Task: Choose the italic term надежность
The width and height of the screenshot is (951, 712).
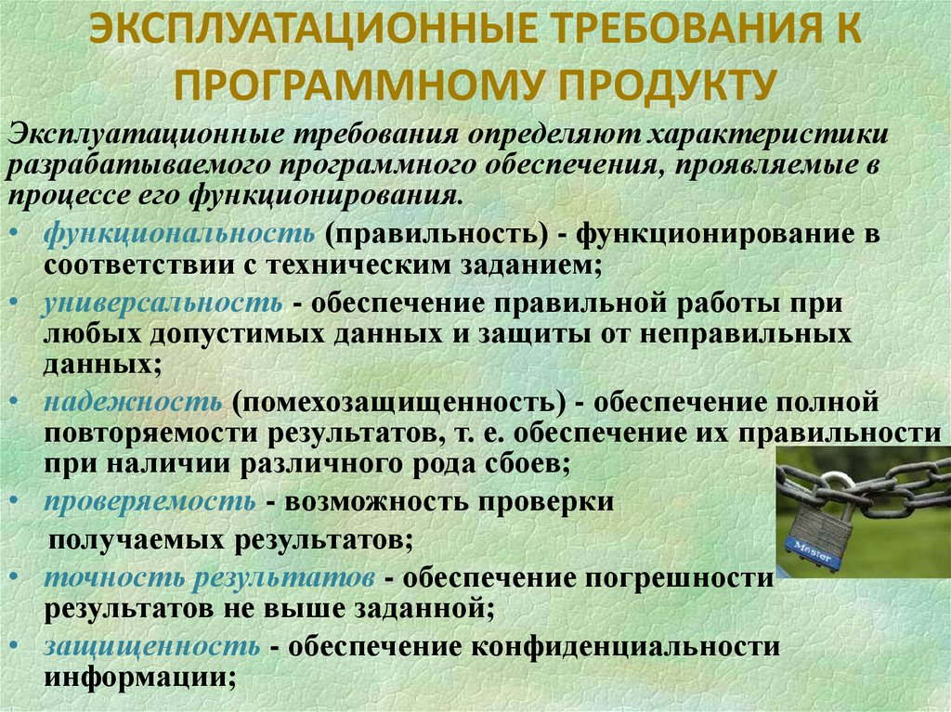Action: click(x=131, y=402)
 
